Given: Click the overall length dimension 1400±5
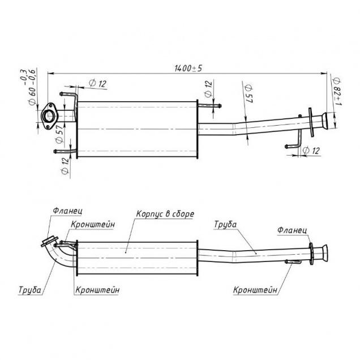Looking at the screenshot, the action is click(x=188, y=68).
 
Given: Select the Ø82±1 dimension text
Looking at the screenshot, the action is click(x=337, y=91).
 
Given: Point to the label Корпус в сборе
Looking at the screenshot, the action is click(x=165, y=214).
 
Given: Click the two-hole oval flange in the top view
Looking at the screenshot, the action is click(x=49, y=116).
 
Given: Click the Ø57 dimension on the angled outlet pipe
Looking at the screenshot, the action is click(x=248, y=93).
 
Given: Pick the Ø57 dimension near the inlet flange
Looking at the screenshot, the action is click(x=59, y=134).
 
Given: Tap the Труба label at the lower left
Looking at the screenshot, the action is click(x=30, y=290).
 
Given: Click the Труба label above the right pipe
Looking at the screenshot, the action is click(x=225, y=224).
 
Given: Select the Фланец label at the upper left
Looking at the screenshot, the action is click(x=67, y=211).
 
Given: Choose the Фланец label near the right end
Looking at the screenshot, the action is click(x=292, y=230).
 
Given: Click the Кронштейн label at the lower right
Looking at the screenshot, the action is click(x=255, y=290).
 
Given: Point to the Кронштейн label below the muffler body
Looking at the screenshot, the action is click(x=97, y=290).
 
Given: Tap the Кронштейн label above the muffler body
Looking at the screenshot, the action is click(x=93, y=224).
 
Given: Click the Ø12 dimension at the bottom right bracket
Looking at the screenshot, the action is click(x=311, y=151).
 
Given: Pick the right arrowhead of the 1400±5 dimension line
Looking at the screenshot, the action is click(x=324, y=74).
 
